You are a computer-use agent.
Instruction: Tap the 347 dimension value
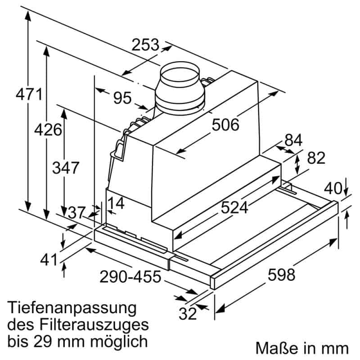[x=66, y=168]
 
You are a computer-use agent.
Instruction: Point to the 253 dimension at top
[x=145, y=45]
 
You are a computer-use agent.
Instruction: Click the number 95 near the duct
[x=122, y=98]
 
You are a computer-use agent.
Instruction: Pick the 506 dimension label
[x=225, y=125]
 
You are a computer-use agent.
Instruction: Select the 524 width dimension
[x=234, y=207]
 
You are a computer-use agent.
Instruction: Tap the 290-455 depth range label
[x=131, y=276]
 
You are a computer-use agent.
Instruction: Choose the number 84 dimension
[x=293, y=140]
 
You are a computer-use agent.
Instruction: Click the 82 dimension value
[x=316, y=158]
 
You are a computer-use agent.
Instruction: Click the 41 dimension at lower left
[x=49, y=260]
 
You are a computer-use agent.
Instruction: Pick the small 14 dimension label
[x=116, y=203]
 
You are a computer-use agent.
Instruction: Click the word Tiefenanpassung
[x=72, y=309]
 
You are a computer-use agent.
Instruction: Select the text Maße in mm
[x=302, y=348]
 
